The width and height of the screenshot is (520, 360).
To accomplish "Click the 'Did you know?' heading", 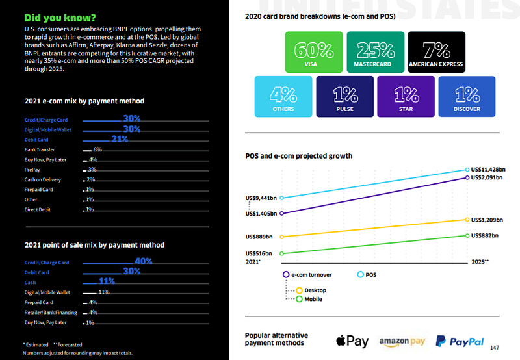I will coord(60,16).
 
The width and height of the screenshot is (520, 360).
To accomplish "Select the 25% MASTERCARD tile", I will coord(374,51).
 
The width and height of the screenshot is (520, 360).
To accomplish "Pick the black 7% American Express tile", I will coord(436,51).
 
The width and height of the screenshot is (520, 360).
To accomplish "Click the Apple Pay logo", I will coord(352,341).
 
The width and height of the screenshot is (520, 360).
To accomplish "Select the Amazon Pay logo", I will coord(402,342).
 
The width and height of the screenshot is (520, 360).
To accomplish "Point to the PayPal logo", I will coord(460,341).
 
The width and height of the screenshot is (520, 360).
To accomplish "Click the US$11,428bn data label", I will coord(487,170).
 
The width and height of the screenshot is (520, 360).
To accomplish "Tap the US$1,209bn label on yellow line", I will coord(486,220).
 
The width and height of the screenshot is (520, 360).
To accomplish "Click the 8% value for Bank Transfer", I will coord(97,149).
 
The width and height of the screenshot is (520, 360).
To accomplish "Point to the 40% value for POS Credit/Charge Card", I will coord(143,261).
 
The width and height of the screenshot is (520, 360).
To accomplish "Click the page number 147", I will coord(495,347).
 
